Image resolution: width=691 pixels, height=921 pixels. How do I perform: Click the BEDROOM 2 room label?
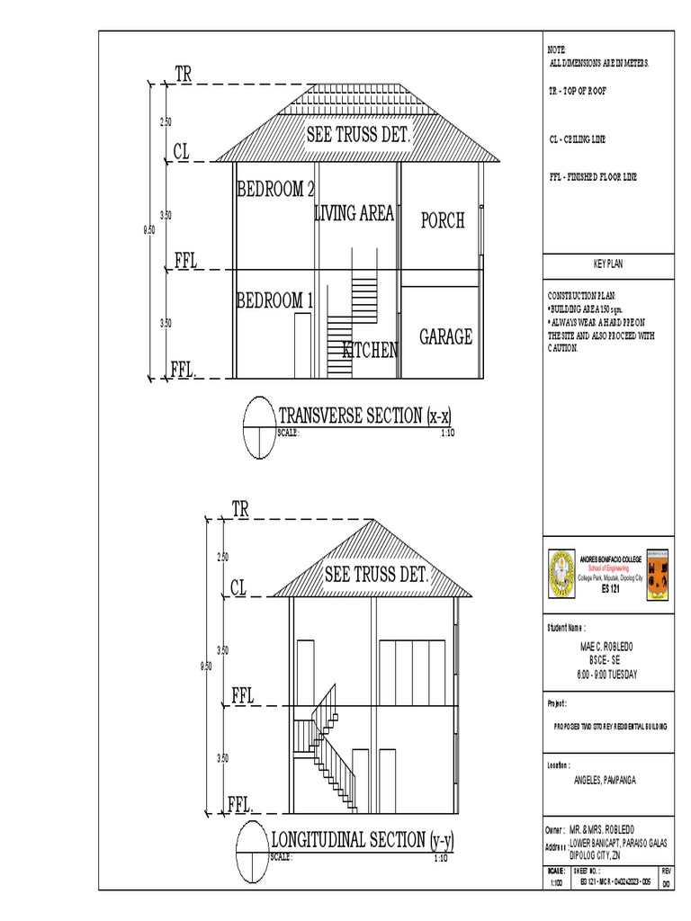[275, 190]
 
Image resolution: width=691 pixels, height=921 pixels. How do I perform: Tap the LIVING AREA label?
[354, 213]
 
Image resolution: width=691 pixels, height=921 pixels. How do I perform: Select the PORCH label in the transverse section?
[442, 220]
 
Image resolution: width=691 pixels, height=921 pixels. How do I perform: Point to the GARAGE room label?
[445, 337]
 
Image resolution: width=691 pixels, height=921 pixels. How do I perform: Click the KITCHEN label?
[369, 350]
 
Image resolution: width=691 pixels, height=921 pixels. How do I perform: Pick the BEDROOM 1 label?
[274, 300]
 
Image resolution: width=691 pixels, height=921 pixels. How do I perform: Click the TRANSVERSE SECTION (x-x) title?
[365, 416]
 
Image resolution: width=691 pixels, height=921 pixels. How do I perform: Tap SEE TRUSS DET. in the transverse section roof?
[358, 136]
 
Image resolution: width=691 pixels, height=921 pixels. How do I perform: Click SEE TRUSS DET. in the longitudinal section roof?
[376, 574]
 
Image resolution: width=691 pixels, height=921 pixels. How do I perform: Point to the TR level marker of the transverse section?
[184, 75]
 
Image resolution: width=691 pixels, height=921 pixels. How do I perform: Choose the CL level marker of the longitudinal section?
[238, 588]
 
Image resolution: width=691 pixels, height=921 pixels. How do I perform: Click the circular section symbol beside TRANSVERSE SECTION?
[258, 427]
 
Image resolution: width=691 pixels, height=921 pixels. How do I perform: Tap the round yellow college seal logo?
[562, 574]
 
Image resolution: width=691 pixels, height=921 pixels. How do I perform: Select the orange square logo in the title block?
[657, 574]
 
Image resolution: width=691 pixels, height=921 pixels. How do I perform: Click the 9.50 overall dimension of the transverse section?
[149, 230]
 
